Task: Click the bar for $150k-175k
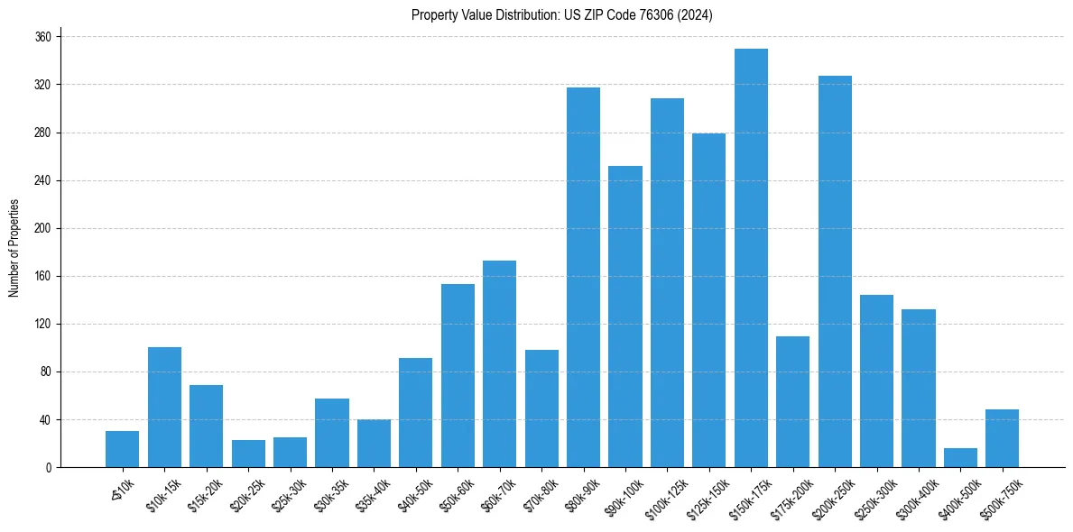(x=751, y=258)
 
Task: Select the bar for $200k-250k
(x=835, y=271)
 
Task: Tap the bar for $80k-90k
(x=583, y=277)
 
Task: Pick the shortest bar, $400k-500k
(x=960, y=458)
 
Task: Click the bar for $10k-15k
(x=164, y=407)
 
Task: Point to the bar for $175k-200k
(x=792, y=401)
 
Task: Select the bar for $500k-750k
(x=1002, y=438)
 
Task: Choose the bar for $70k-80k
(x=541, y=408)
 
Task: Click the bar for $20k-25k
(x=248, y=454)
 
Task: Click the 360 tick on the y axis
(x=43, y=37)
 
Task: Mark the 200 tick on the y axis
(x=43, y=228)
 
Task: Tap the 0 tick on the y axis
(x=49, y=467)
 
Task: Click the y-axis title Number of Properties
(x=14, y=247)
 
